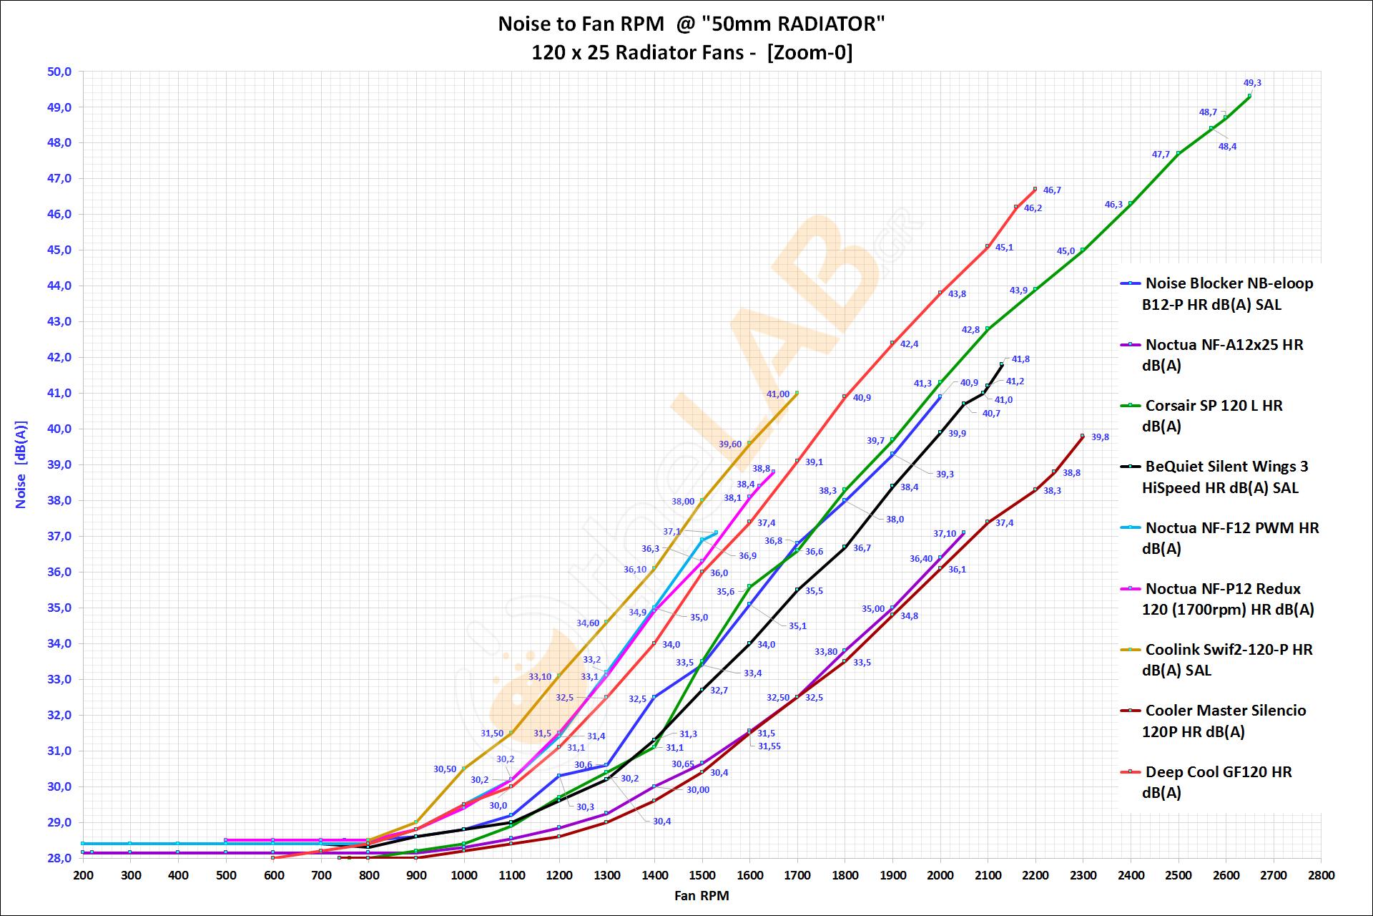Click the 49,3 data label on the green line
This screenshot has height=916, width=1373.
1252,83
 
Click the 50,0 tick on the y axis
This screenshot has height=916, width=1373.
59,72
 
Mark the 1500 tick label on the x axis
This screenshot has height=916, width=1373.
702,875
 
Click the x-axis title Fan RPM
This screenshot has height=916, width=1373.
702,895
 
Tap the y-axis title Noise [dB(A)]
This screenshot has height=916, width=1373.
21,464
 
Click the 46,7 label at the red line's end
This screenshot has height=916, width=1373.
1052,190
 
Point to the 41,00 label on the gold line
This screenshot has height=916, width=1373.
778,394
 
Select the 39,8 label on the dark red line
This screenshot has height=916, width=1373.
1100,437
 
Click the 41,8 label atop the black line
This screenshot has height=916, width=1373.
1020,359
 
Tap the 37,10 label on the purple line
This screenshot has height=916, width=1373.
945,534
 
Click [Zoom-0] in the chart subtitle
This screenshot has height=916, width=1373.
809,53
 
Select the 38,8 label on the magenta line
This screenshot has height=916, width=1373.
761,469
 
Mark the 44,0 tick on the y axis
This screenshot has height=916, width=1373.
59,286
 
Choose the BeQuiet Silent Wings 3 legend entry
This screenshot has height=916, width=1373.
1226,477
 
